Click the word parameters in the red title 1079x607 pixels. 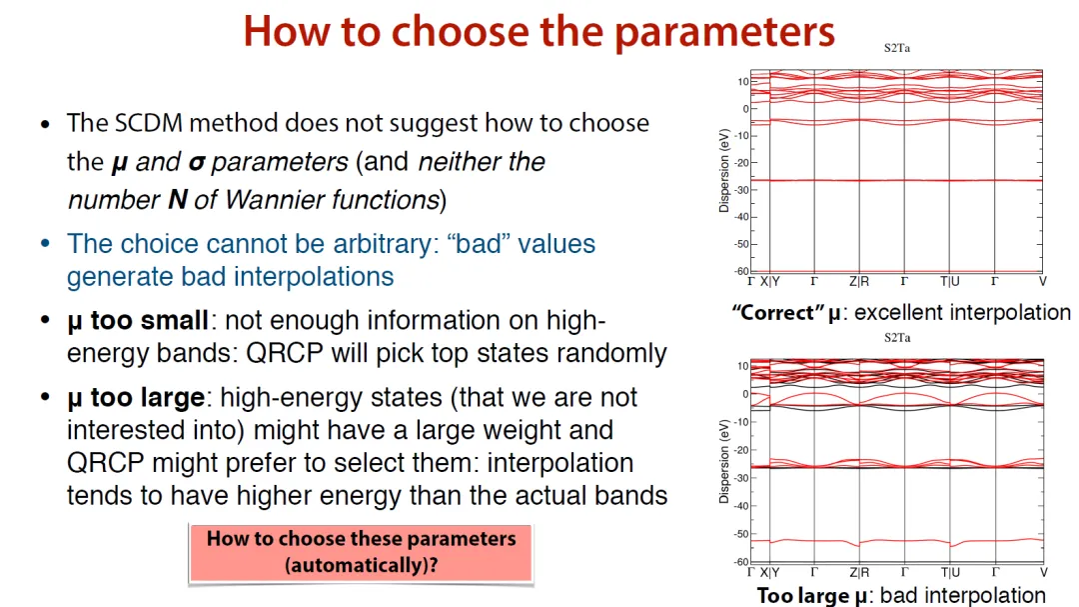point(724,32)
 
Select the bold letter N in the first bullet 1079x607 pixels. point(178,200)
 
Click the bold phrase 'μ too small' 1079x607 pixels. point(138,321)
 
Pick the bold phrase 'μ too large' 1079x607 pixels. point(136,398)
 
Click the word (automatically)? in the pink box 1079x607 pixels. point(362,566)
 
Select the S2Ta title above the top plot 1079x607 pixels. point(896,48)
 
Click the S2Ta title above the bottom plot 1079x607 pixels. point(896,338)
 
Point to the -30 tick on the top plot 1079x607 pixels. point(740,190)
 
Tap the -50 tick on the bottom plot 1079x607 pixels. point(740,535)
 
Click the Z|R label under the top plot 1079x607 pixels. point(859,282)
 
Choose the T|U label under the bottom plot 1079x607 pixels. point(950,573)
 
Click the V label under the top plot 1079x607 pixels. point(1042,282)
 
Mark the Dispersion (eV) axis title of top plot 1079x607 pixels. point(724,170)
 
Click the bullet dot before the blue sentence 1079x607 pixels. point(45,243)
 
